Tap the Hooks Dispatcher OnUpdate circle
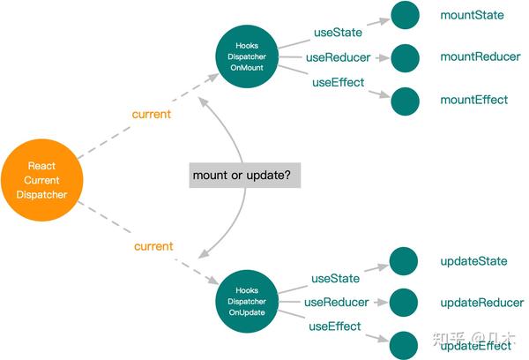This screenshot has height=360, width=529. click(x=246, y=301)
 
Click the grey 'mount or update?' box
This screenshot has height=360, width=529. click(x=242, y=176)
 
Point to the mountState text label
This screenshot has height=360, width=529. click(x=473, y=15)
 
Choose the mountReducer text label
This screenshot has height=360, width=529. click(x=481, y=56)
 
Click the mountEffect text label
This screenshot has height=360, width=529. click(x=474, y=100)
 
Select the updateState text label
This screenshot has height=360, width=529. click(x=474, y=261)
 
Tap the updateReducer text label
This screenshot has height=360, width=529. click(x=481, y=303)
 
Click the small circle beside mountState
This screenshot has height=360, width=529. click(x=405, y=15)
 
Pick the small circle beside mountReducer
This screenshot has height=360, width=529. click(x=405, y=57)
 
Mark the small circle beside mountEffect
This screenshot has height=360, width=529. click(x=405, y=101)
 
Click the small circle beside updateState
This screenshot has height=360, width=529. click(x=403, y=260)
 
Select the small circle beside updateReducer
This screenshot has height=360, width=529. click(x=403, y=303)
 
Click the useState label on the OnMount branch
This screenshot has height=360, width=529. click(x=338, y=33)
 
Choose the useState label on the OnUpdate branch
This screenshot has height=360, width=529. click(x=335, y=279)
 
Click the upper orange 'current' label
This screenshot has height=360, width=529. click(x=151, y=115)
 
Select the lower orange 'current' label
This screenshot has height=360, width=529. click(x=153, y=246)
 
